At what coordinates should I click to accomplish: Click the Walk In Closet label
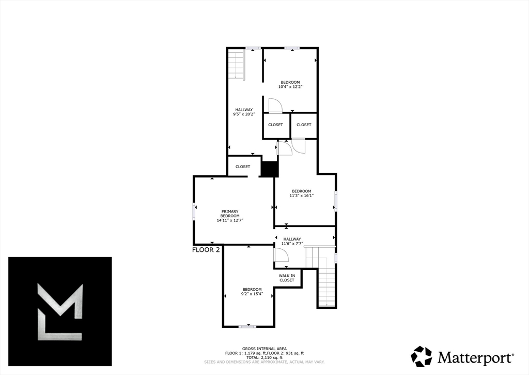pos(287,278)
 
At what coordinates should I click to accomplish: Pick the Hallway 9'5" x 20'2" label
pos(244,112)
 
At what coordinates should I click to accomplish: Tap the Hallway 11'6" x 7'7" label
pos(292,241)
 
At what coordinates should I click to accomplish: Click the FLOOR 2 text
pos(206,249)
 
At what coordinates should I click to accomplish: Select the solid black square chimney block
pos(268,170)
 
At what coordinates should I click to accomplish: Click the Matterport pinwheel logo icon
pos(421,356)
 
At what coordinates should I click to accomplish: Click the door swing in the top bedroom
pos(274,105)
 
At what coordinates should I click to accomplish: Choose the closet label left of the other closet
pos(275,125)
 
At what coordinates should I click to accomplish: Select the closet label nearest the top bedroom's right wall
pos(304,125)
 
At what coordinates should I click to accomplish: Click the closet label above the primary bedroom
pos(243,167)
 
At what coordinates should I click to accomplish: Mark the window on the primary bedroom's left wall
pos(194,211)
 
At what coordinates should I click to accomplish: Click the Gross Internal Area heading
pos(264,349)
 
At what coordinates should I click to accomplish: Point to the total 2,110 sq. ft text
pos(264,357)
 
